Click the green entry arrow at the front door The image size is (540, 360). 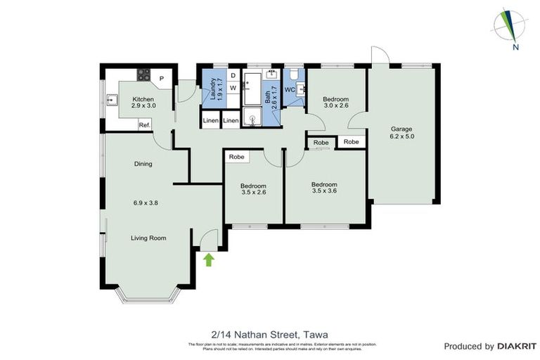208,260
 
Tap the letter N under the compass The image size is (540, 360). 515,48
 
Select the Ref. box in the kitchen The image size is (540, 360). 145,124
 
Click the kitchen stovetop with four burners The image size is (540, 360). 144,74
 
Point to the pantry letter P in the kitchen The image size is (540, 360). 161,79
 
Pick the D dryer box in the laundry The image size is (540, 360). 232,76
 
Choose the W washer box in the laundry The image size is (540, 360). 232,88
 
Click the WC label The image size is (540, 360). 289,90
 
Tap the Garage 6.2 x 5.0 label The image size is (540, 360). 402,134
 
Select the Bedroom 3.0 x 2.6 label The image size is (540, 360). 335,103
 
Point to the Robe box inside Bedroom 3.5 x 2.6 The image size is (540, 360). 236,157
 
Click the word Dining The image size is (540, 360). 143,164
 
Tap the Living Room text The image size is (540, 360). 148,238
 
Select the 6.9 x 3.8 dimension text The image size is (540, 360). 146,202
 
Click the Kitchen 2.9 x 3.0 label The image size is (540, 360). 143,103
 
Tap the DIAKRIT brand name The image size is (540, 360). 517,346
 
